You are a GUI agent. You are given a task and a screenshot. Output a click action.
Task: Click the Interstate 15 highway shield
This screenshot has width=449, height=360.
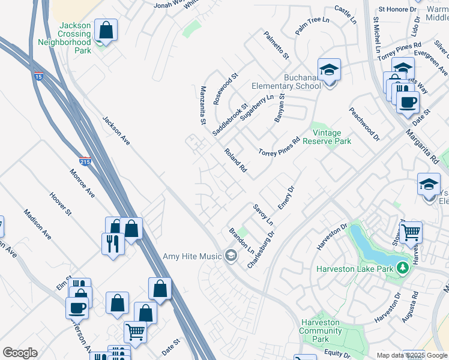pos(38,77)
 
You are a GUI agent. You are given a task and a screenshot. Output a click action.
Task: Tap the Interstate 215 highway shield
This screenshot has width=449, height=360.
pos(85,161)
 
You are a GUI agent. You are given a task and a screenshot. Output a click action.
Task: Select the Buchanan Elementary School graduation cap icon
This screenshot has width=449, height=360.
pos(329,70)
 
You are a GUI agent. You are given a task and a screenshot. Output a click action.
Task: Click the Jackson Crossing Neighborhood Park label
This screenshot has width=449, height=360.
pos(65,38)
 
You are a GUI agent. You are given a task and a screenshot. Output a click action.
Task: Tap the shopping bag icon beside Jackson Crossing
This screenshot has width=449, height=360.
pos(106,31)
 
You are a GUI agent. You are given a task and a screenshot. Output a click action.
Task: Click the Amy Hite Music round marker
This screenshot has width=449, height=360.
pos(230,257)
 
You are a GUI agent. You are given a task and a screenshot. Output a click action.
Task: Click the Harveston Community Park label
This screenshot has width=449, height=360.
pos(321,331)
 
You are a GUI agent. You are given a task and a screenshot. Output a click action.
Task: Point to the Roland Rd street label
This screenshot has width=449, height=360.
pos(236,161)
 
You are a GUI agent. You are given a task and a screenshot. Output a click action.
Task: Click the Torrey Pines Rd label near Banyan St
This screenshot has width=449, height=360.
pos(279,147)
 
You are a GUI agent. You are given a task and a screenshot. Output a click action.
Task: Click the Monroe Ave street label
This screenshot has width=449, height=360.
pos(82,184)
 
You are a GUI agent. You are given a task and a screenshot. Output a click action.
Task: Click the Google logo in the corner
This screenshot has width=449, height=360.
pos(20,352)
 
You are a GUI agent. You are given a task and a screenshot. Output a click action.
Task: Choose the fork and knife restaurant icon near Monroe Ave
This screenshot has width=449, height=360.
pos(113,243)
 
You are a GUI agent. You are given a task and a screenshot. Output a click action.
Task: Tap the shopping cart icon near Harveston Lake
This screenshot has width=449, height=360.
pos(411,231)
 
